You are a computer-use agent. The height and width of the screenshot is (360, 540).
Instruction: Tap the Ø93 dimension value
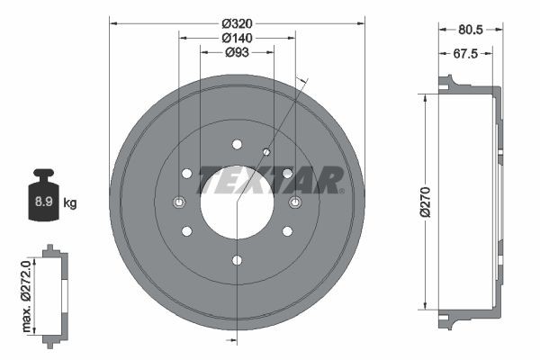click(237, 53)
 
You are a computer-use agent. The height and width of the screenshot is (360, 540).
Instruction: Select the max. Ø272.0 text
click(27, 292)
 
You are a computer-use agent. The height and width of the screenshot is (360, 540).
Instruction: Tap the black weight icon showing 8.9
click(42, 195)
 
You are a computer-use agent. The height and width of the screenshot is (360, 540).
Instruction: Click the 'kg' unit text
click(70, 203)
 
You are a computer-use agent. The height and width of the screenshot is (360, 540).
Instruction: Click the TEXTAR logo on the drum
click(269, 180)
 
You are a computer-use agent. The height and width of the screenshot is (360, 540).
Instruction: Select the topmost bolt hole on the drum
click(237, 144)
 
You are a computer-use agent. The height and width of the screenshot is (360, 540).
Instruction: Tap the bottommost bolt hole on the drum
click(237, 260)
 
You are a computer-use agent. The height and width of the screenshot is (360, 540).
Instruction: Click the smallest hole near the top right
click(265, 151)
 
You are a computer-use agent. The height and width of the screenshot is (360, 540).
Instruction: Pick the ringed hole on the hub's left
click(178, 202)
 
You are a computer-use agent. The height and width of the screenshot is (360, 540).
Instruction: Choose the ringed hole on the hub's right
click(294, 202)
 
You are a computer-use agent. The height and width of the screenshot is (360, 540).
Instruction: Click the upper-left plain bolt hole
click(186, 173)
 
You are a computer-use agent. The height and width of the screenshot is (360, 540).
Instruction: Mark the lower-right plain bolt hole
click(287, 231)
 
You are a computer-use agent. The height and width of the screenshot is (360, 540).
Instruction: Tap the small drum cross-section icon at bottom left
click(54, 292)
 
